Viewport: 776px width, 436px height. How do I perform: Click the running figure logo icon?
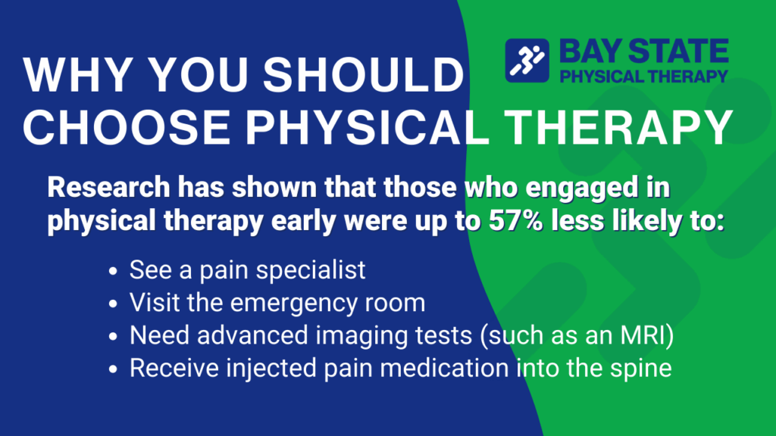click(x=527, y=61)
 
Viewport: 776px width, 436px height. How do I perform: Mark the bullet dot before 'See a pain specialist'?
click(x=113, y=270)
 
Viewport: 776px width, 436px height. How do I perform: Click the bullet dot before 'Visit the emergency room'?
click(x=113, y=304)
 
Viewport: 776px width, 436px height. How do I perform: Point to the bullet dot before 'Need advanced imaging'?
click(x=113, y=337)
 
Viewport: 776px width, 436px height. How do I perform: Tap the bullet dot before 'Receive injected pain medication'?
click(x=113, y=370)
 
